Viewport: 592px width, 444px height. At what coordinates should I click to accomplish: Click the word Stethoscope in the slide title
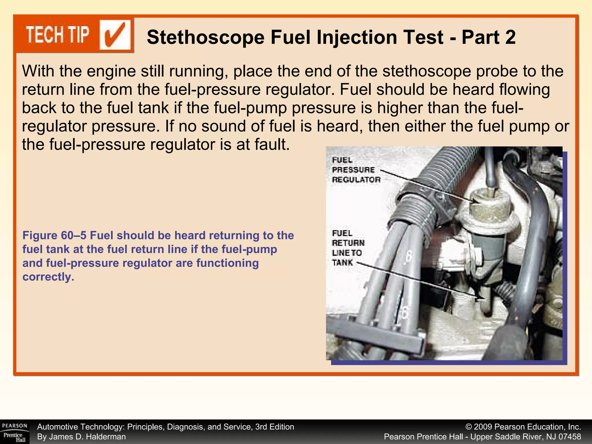pos(205,38)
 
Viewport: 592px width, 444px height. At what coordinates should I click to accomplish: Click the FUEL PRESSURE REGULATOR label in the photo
pos(356,170)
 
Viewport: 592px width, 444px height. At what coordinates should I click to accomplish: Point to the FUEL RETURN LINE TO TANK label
pos(347,248)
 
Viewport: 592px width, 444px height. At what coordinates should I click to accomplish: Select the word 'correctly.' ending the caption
pos(48,277)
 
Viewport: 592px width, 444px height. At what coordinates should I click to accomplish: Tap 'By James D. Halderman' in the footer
pos(82,437)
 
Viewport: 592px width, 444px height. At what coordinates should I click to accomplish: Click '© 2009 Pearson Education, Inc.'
pos(523,427)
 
